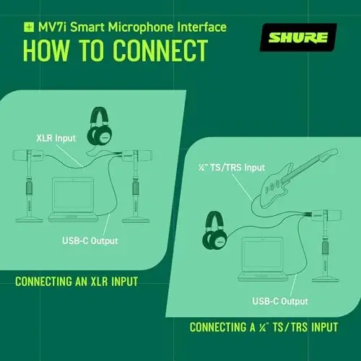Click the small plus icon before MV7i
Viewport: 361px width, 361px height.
click(x=29, y=27)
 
